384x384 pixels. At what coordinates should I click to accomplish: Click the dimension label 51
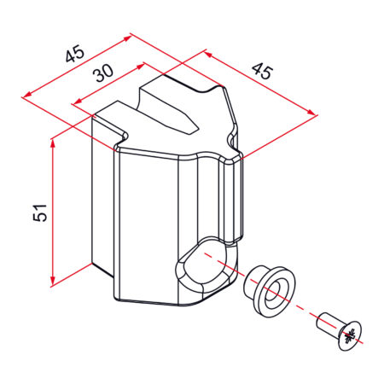[x=40, y=212]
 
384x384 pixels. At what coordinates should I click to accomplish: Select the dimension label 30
[x=103, y=73]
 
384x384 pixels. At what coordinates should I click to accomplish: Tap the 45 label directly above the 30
[x=75, y=54]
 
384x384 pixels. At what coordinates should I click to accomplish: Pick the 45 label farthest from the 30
[x=262, y=71]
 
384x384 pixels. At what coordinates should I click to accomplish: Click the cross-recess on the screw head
[x=350, y=336]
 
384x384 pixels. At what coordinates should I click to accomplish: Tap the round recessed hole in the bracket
[x=204, y=265]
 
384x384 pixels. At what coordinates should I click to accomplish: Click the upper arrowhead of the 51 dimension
[x=52, y=144]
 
